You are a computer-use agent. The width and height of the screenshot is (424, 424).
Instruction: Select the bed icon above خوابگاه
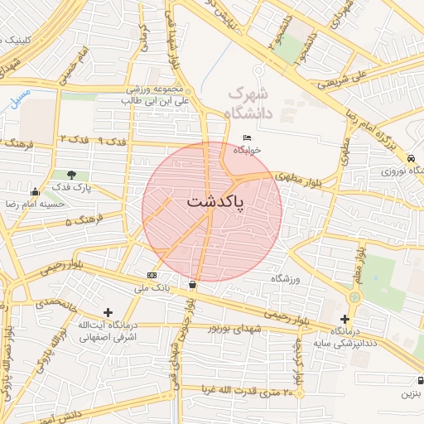(x=247, y=137)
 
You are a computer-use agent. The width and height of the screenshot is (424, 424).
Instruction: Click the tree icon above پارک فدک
(x=72, y=175)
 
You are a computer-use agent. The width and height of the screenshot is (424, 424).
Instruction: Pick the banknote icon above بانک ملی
(x=152, y=274)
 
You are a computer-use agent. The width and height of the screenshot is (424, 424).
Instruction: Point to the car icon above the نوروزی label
(x=411, y=157)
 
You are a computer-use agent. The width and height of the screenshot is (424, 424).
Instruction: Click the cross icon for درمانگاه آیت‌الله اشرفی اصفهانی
(x=108, y=311)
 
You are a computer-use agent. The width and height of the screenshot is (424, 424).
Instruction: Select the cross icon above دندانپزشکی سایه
(x=344, y=319)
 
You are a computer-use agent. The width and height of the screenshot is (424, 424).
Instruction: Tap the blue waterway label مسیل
(x=20, y=98)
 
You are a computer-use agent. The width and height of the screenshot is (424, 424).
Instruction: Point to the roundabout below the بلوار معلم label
(x=355, y=296)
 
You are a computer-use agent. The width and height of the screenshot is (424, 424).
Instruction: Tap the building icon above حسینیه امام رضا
(x=34, y=192)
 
